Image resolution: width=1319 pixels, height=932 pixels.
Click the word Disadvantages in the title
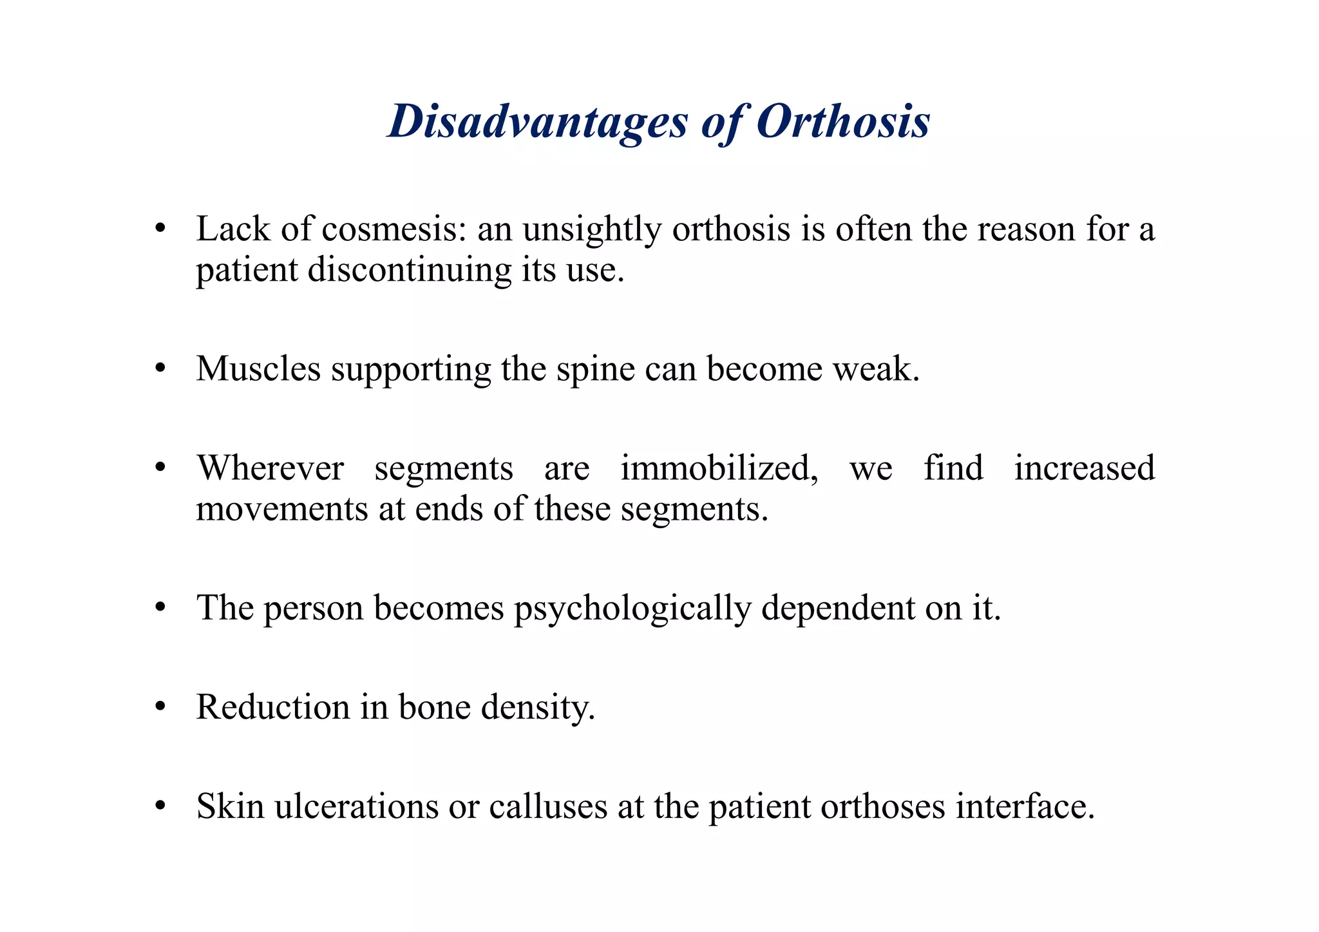pyautogui.click(x=538, y=121)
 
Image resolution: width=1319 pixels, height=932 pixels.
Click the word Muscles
pyautogui.click(x=258, y=369)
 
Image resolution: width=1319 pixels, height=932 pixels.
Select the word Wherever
pyautogui.click(x=270, y=468)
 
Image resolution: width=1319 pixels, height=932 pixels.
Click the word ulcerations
pyautogui.click(x=356, y=806)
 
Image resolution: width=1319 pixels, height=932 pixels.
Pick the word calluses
pyautogui.click(x=548, y=806)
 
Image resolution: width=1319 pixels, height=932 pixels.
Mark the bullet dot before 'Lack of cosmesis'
pyautogui.click(x=161, y=230)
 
